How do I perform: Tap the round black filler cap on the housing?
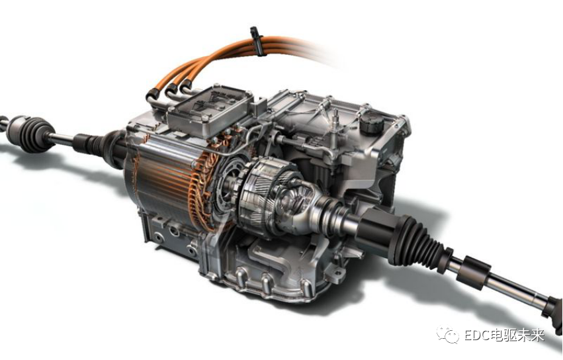pos(371,122)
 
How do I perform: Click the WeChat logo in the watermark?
pos(448,335)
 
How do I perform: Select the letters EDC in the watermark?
pos(477,336)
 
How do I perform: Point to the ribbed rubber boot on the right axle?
pos(419,242)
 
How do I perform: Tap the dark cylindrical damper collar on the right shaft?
pos(473,272)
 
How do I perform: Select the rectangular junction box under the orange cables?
pos(209,110)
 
